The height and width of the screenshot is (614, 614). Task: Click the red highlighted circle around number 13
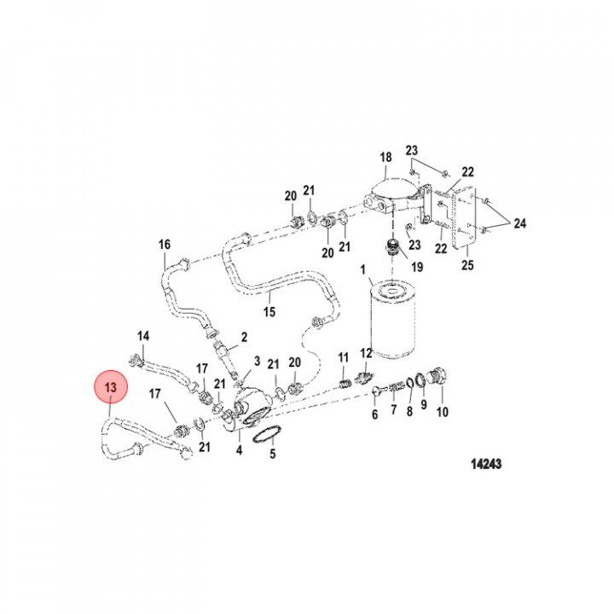pos(110,389)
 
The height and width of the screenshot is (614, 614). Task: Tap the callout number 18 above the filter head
pos(385,157)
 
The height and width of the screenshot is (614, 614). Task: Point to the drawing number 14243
pos(486,465)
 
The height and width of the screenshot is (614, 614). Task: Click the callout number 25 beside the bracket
pos(466,265)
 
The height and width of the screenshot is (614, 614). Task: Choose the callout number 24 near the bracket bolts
pos(519,223)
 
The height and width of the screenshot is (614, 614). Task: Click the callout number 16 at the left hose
pos(165,245)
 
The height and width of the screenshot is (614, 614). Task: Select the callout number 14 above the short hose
pos(143,335)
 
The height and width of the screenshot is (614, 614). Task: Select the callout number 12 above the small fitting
pos(366,353)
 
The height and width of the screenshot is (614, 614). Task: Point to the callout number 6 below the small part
pos(374,415)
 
